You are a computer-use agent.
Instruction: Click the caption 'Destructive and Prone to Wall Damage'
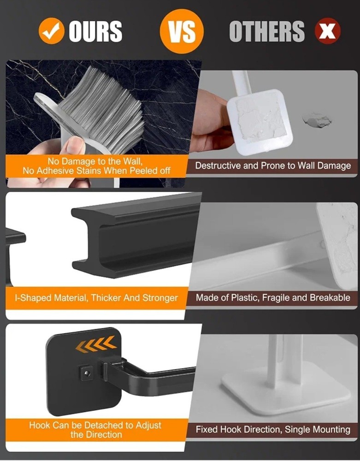pos(273,165)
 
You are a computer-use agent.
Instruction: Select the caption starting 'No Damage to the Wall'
pos(96,166)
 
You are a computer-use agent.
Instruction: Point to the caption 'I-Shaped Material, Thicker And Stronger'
pos(96,298)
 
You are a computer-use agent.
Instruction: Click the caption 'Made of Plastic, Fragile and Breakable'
pos(273,298)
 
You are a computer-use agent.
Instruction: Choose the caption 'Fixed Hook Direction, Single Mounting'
pos(273,430)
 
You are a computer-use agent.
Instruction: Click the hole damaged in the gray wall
pos(317,120)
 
